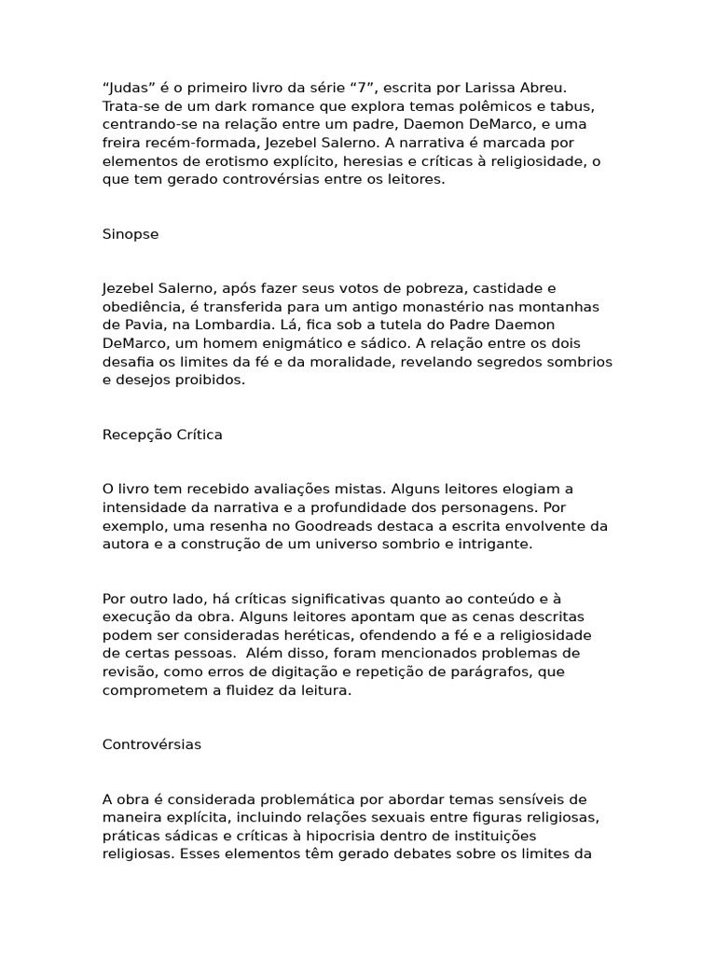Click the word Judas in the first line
click(x=126, y=88)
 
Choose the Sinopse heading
click(x=131, y=234)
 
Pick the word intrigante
click(x=494, y=544)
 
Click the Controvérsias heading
click(x=152, y=744)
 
